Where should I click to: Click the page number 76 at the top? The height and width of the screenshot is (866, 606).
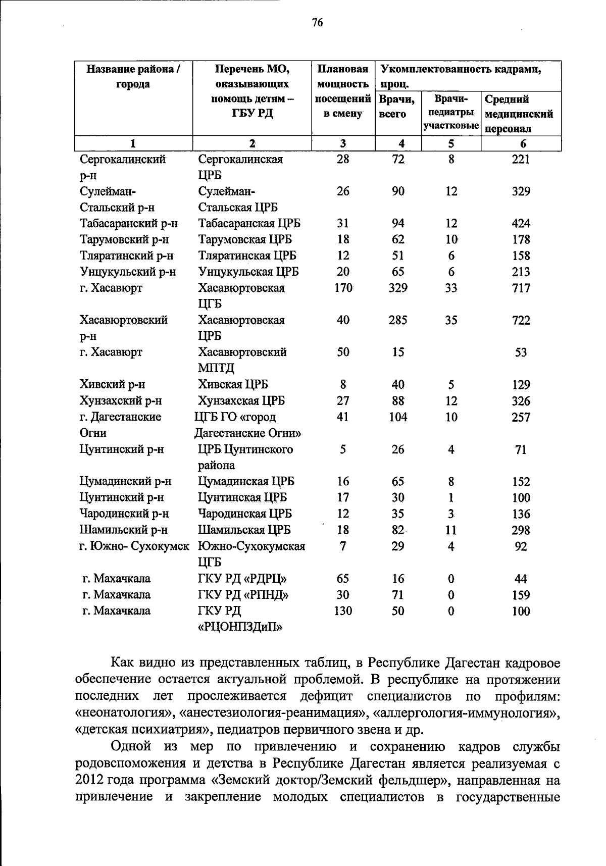point(317,23)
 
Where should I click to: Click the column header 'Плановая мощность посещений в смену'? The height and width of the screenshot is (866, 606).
point(343,91)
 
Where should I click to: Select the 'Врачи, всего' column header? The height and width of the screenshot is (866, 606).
point(397,107)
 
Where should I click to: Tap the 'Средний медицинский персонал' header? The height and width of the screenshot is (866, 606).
point(520,114)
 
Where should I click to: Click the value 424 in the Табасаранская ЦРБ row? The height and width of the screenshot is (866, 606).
point(521,224)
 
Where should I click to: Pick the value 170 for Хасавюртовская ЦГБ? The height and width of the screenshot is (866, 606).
point(343,288)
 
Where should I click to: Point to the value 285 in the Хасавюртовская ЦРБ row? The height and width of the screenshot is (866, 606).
point(398,320)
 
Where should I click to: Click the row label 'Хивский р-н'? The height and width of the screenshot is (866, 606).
point(112,385)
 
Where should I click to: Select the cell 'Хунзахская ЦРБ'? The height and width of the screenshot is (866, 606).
point(241,401)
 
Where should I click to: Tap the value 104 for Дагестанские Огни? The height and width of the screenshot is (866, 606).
point(398,417)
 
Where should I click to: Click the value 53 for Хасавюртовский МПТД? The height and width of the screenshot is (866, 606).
point(521,352)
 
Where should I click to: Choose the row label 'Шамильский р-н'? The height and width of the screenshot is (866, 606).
point(123,530)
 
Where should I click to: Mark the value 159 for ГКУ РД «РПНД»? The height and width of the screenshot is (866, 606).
point(521,595)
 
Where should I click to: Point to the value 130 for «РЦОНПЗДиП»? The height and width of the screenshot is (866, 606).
point(343,611)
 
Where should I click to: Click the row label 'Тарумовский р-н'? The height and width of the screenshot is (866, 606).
point(124,240)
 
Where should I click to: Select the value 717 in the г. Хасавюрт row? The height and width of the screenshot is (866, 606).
point(521,288)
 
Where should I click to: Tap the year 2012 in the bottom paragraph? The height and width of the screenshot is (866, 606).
point(89,780)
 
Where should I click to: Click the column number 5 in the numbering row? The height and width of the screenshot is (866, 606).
point(451,144)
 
